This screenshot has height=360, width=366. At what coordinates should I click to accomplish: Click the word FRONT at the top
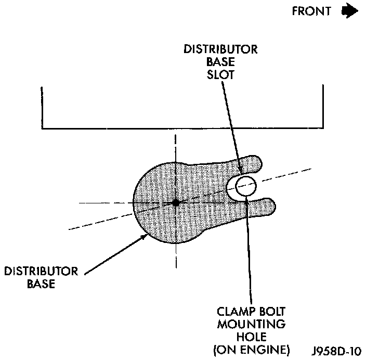(x=311, y=11)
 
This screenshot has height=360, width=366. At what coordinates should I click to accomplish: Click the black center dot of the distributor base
(x=176, y=202)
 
